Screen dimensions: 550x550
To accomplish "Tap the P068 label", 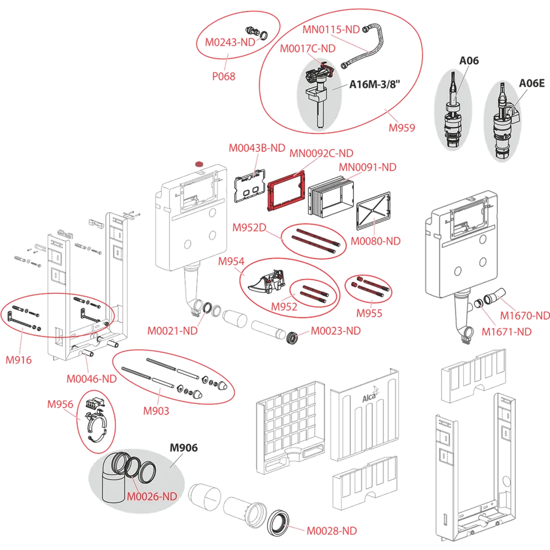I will (x=223, y=76).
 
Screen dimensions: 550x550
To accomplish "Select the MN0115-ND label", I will (x=331, y=30).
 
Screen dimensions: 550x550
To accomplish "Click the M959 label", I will (x=402, y=128).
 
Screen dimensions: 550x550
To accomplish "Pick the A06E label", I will (x=531, y=83).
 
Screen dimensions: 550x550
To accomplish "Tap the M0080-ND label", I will (x=375, y=241).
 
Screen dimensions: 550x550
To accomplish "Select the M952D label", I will (x=249, y=227).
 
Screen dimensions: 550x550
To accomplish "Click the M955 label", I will (x=369, y=313).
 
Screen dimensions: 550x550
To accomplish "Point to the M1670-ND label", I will (x=525, y=315).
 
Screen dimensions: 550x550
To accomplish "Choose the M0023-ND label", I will (x=336, y=331).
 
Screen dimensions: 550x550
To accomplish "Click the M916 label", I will (x=19, y=360).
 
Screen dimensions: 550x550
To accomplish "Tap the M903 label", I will (x=156, y=411).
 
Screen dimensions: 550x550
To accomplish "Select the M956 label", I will (x=60, y=404).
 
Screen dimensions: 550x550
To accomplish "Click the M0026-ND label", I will (x=152, y=495).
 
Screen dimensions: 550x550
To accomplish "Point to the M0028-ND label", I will (x=331, y=531).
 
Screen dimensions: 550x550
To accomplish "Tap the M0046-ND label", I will (x=91, y=378).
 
